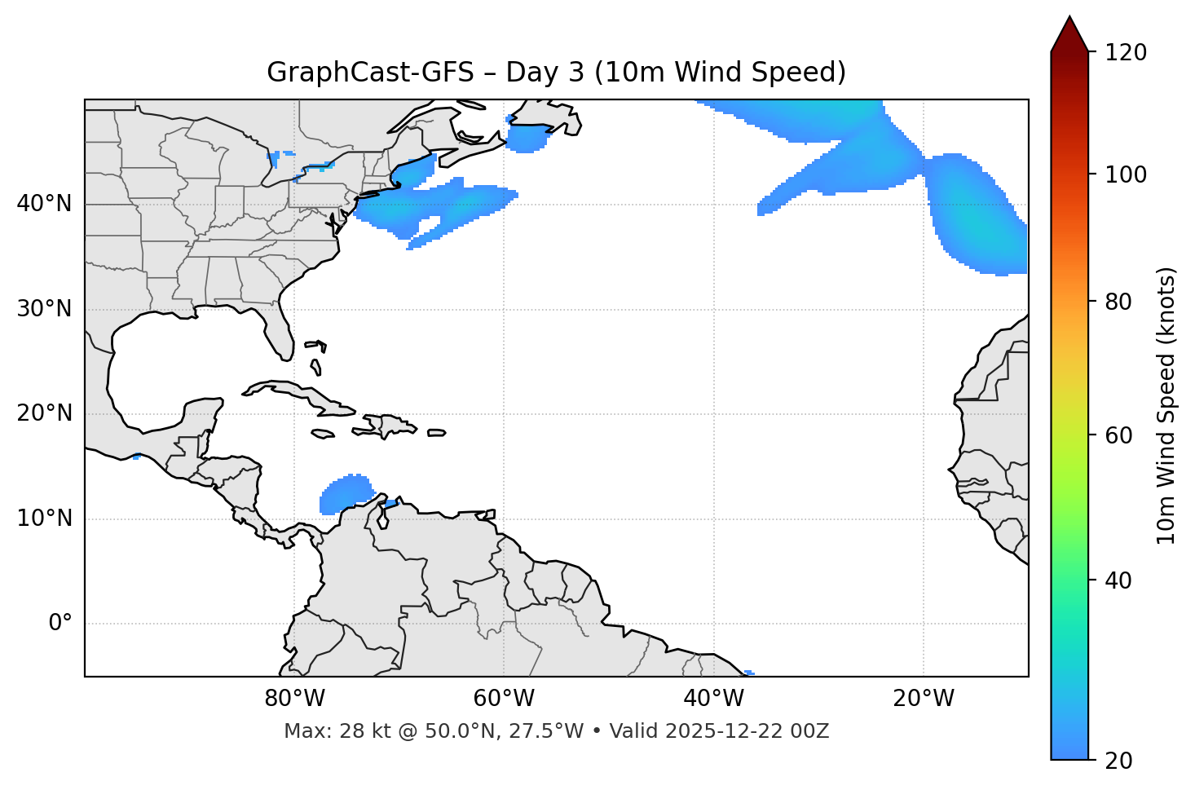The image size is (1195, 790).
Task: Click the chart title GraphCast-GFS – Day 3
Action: point(556,73)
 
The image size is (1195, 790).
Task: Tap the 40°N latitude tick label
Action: point(44,204)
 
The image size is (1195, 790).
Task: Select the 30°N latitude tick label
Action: point(44,309)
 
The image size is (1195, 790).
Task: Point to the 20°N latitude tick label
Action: point(44,413)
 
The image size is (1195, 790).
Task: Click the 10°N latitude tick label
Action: point(44,519)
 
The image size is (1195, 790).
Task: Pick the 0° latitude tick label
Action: point(60,624)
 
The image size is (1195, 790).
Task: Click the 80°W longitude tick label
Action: point(294,699)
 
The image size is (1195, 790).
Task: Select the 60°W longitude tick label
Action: point(504,699)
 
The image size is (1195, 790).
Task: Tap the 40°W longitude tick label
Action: point(713,699)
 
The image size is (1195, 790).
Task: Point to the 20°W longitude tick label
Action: point(923,699)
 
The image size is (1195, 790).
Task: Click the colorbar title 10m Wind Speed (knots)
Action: point(1167,405)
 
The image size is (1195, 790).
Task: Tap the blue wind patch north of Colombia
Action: point(346,494)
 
